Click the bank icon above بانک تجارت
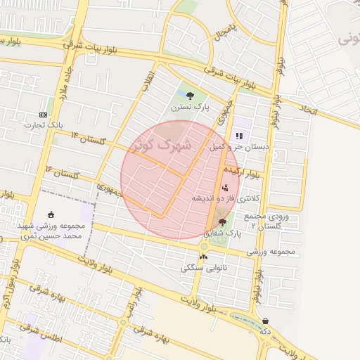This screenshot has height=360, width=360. tap(44, 115)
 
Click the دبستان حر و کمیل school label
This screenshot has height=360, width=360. tap(239, 147)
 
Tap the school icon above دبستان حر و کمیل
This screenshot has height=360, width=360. tap(239, 136)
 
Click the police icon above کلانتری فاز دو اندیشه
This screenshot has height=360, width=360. tap(225, 188)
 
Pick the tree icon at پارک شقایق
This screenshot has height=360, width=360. tap(222, 222)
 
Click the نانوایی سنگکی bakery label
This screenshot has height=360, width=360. tap(203, 267)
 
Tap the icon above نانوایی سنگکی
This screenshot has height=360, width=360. tap(203, 257)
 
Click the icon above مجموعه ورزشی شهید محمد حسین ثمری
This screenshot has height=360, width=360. tap(50, 214)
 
